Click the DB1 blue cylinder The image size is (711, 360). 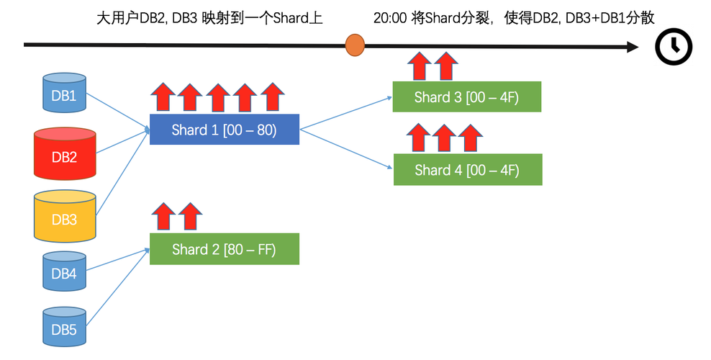point(64,93)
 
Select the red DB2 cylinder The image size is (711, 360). point(65,155)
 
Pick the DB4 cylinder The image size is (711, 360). point(64,272)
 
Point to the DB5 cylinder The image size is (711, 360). point(64,328)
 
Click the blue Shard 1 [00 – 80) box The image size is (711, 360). point(224,130)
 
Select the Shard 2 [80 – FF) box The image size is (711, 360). point(224,249)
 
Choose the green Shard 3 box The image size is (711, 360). point(466,97)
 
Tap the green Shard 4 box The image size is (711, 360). point(467,170)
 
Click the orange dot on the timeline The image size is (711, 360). point(355,45)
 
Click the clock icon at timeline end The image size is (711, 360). point(673,47)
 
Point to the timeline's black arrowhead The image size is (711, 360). point(632,47)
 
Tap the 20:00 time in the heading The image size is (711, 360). point(389,18)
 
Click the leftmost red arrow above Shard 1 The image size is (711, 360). point(163,97)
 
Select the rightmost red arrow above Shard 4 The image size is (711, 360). point(470,137)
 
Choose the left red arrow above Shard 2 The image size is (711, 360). point(163,216)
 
